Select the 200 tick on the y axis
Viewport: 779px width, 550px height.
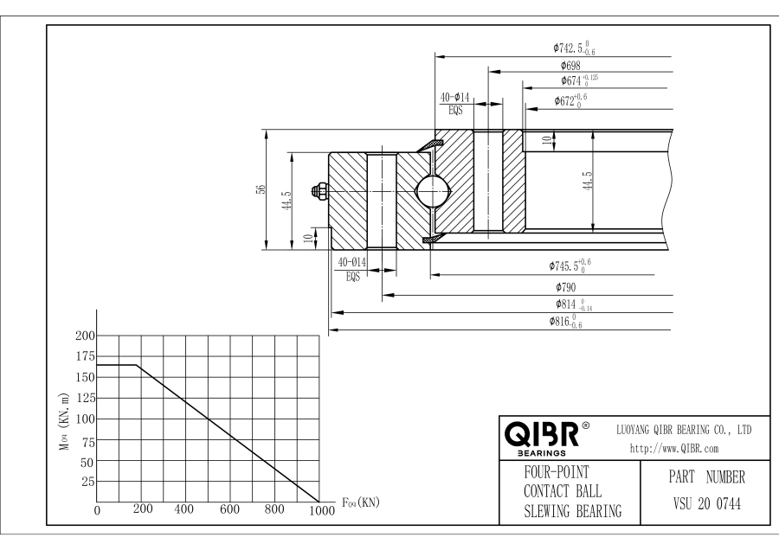click(85, 335)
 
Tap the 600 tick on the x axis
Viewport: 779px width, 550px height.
click(229, 509)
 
